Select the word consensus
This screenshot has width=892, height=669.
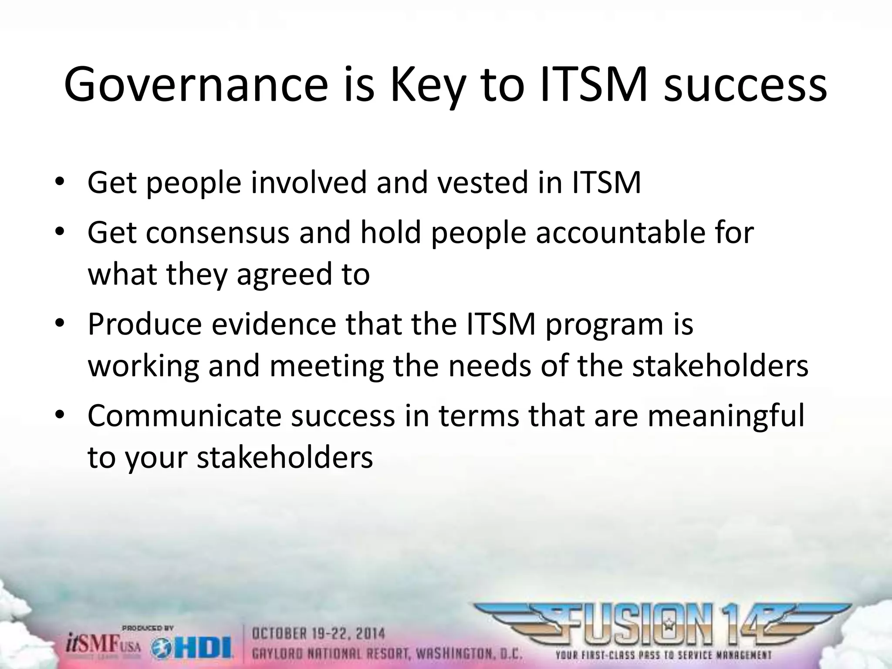(x=217, y=233)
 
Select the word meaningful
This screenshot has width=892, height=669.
(x=726, y=416)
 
